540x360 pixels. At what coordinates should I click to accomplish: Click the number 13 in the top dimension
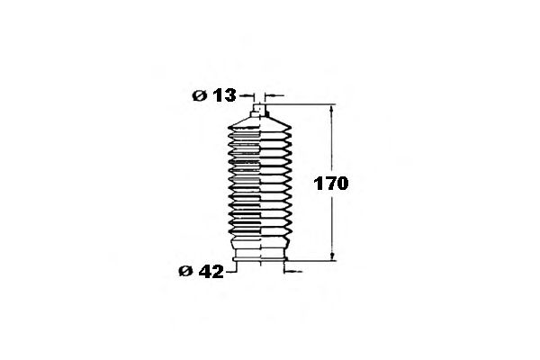(224, 95)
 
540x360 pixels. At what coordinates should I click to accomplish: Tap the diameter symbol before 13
(199, 95)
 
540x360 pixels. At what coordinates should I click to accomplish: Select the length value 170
(330, 184)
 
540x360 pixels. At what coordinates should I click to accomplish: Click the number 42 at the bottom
(211, 272)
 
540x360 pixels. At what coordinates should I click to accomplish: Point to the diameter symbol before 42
(185, 272)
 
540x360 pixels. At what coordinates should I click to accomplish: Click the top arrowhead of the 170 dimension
(331, 109)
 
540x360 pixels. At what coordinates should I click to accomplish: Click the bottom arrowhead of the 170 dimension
(332, 256)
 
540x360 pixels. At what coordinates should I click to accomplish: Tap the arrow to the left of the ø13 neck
(247, 95)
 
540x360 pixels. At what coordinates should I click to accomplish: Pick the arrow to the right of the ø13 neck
(274, 95)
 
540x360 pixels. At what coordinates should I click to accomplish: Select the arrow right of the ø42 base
(292, 272)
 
